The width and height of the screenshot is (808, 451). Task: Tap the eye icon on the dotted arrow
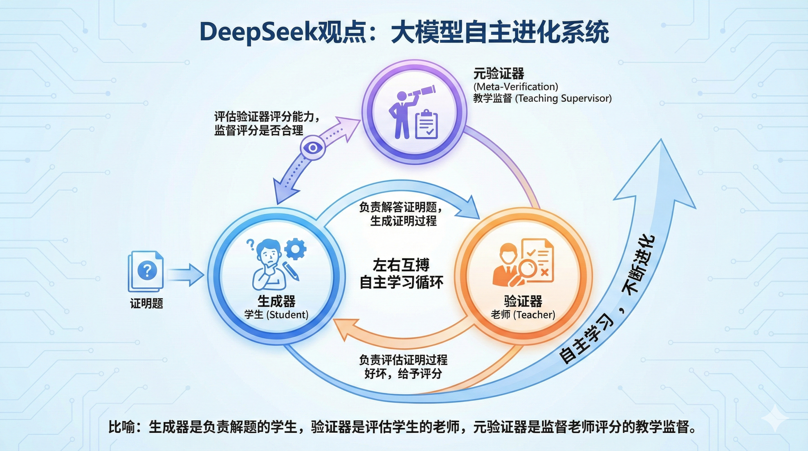[312, 148]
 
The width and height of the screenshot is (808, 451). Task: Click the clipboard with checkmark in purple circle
[426, 125]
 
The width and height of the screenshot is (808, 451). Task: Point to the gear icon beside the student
[295, 249]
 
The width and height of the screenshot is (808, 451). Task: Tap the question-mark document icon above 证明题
[146, 270]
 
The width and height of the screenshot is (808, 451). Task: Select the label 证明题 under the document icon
[147, 303]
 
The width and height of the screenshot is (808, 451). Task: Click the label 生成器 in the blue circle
[276, 301]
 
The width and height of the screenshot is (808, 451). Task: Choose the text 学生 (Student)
[276, 314]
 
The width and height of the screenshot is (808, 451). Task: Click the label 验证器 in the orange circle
[523, 301]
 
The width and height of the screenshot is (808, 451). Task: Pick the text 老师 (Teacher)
[523, 314]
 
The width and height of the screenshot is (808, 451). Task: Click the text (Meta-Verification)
[516, 87]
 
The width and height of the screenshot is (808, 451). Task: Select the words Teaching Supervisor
[563, 98]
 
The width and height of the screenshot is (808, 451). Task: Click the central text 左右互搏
[401, 265]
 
